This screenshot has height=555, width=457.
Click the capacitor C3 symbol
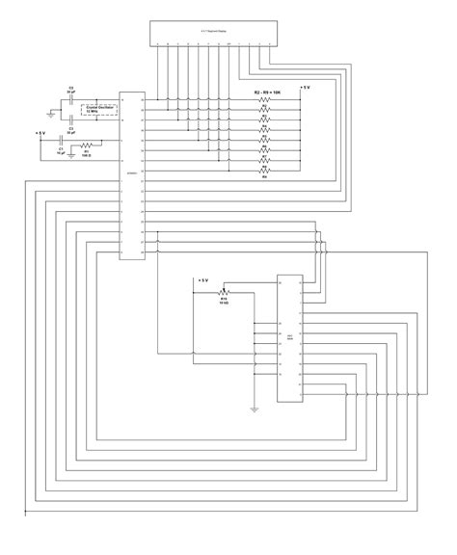pos(71,118)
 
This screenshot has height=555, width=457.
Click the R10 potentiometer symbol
pos(225,291)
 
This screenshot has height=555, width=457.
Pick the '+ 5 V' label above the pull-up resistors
pos(305,88)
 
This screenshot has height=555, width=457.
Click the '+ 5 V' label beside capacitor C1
pos(40,132)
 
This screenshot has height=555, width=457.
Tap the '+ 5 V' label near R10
pos(202,280)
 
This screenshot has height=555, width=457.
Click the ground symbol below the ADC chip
pos(253,408)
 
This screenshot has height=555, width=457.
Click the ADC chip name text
pos(290,338)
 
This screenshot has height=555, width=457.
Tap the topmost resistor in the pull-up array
pos(263,100)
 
